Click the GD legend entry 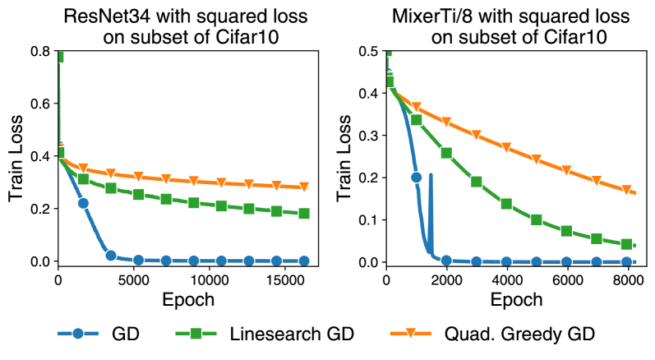click(x=107, y=334)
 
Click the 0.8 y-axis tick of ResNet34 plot click(x=41, y=51)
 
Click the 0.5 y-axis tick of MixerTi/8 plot click(x=370, y=51)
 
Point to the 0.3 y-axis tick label click(x=370, y=136)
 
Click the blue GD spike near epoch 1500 click(x=430, y=176)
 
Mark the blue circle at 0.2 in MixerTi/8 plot click(x=416, y=178)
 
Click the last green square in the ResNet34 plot click(x=304, y=214)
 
